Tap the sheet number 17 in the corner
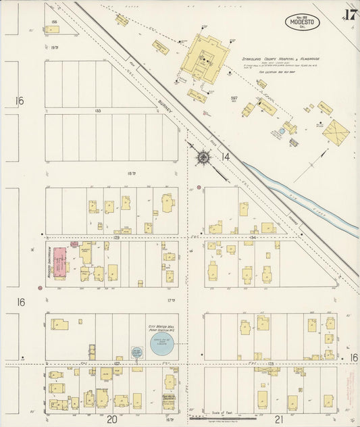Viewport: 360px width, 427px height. point(349,16)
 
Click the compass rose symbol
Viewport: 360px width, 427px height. point(203,158)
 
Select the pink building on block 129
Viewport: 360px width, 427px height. point(59,263)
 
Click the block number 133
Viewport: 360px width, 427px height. point(98,110)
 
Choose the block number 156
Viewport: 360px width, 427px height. point(53,22)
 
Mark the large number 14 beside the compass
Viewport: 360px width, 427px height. point(225,157)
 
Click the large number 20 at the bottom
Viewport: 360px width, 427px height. point(113,419)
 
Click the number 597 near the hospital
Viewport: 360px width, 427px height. point(234,98)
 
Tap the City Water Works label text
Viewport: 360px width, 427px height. point(162,326)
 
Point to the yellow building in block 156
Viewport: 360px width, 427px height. point(53,30)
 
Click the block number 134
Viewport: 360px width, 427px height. point(253,238)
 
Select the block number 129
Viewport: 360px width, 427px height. point(116,238)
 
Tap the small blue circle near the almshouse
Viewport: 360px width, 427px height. point(281,131)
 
